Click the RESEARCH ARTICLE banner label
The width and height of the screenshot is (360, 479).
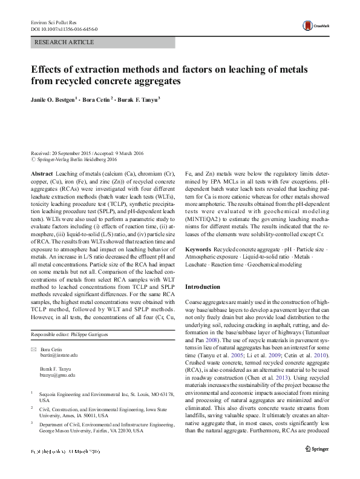tap(65, 42)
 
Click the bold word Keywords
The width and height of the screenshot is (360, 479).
tap(198, 249)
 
